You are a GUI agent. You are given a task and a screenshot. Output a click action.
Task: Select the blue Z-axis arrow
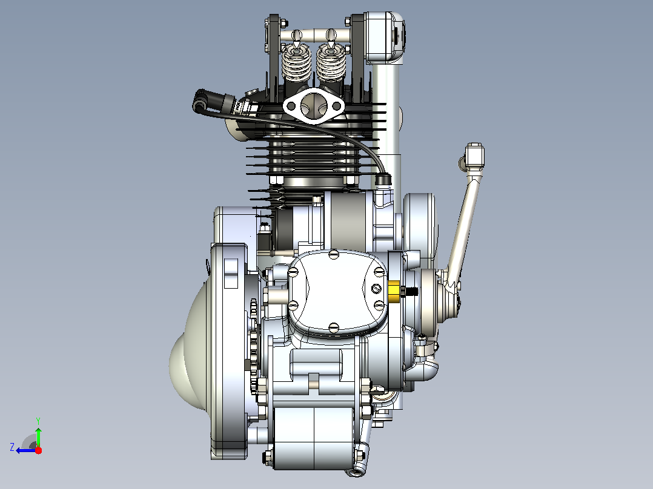(26, 450)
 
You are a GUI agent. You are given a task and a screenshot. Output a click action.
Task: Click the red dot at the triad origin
(38, 450)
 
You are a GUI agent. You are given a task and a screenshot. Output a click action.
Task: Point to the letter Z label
(12, 447)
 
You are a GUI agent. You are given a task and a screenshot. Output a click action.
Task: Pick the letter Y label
(38, 421)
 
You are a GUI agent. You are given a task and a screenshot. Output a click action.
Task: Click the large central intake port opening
(314, 105)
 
